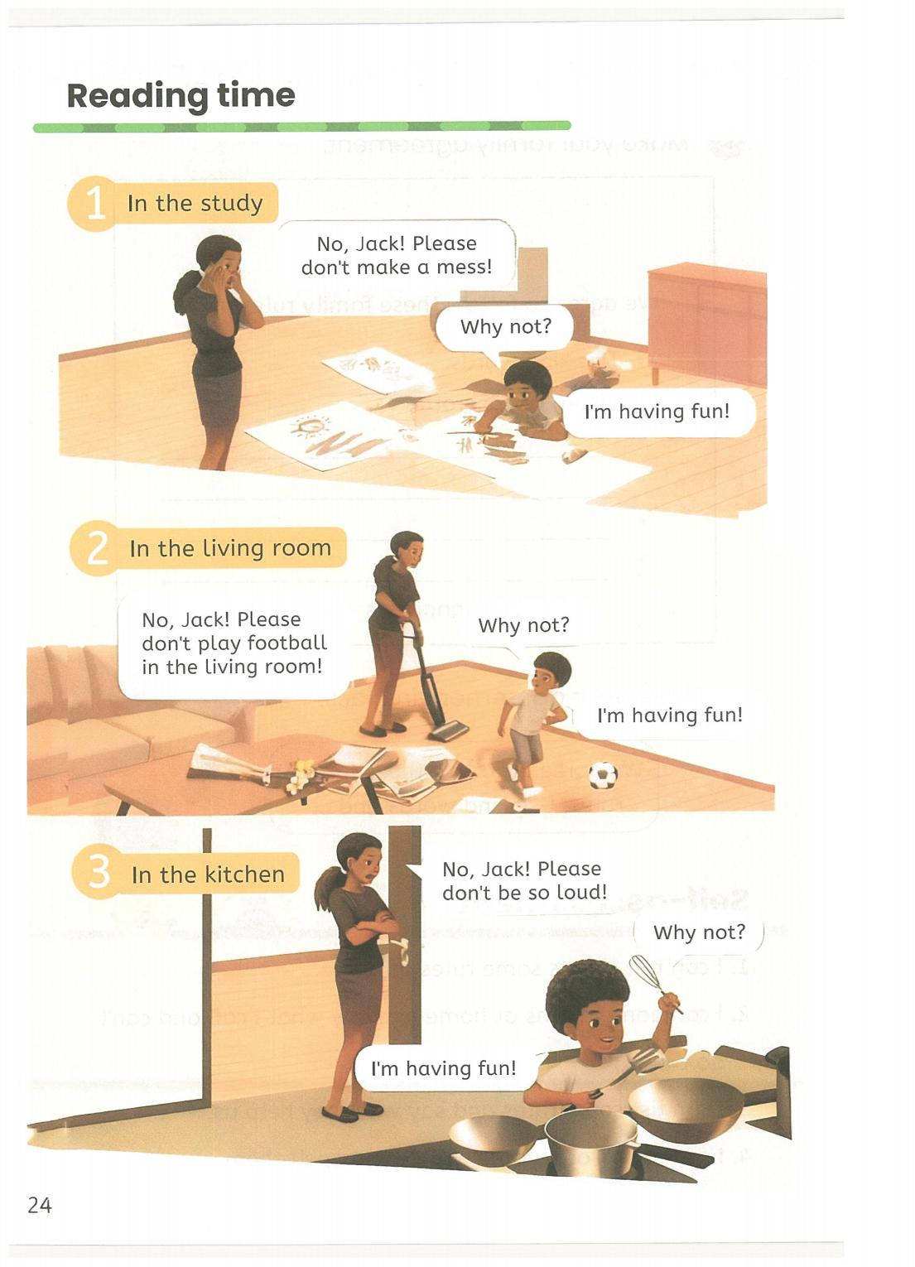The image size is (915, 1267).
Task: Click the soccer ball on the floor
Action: pyautogui.click(x=603, y=775)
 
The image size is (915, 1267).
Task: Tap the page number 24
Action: pyautogui.click(x=40, y=1206)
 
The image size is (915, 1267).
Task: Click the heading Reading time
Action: pyautogui.click(x=181, y=95)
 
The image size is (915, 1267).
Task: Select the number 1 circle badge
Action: pyautogui.click(x=95, y=205)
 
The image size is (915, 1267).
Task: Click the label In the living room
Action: pyautogui.click(x=231, y=548)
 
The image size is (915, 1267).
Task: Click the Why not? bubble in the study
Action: pyautogui.click(x=505, y=327)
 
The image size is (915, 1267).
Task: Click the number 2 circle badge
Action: pyautogui.click(x=97, y=549)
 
